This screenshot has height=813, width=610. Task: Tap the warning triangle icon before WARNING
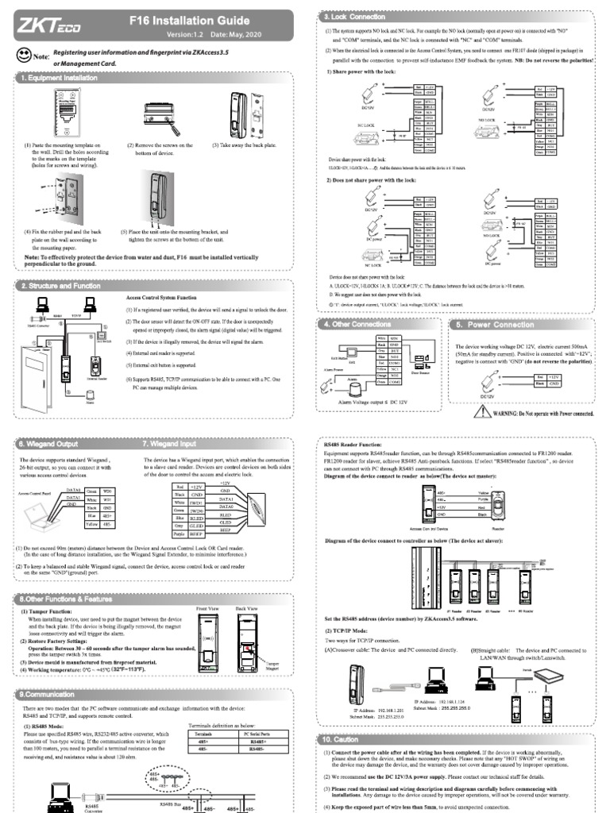click(x=483, y=411)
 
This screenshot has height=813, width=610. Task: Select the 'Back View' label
click(x=247, y=608)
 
